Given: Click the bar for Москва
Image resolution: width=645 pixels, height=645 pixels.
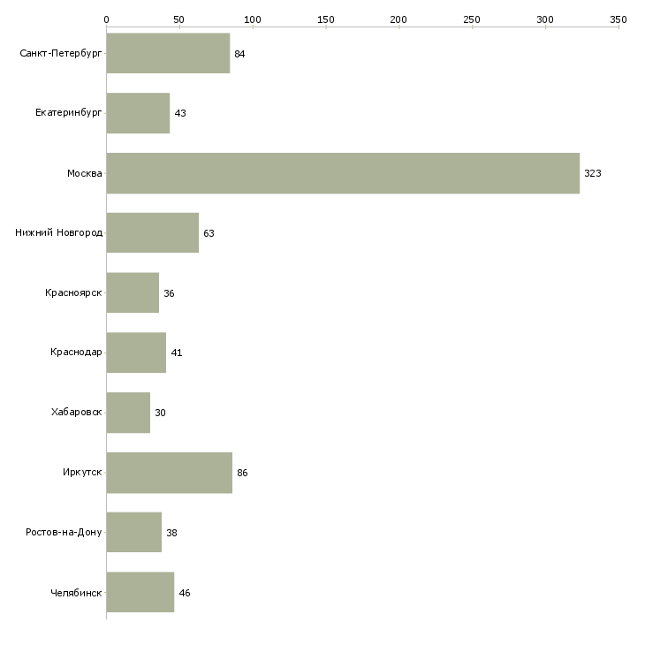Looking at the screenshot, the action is [x=343, y=173].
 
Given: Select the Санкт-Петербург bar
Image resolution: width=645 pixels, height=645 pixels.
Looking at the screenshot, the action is [x=168, y=53].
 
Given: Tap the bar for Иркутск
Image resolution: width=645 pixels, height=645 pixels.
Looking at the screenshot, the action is [x=170, y=473].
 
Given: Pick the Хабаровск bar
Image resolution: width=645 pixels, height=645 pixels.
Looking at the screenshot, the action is [x=128, y=413].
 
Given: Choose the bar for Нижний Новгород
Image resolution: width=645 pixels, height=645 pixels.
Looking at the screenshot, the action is [x=153, y=233].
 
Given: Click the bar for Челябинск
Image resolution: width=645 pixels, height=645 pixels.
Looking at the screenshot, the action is [x=140, y=592].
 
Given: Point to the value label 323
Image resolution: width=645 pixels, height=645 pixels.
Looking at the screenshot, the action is [x=593, y=173].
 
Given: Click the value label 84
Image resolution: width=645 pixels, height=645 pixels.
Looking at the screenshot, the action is [x=239, y=54].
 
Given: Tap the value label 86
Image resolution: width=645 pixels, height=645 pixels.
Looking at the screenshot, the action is [x=242, y=473].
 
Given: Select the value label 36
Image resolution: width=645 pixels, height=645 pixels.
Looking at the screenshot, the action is [x=169, y=293].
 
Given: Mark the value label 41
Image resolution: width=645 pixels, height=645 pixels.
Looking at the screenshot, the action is [x=177, y=353].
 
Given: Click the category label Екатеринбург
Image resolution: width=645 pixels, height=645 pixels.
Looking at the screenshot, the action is [x=68, y=113].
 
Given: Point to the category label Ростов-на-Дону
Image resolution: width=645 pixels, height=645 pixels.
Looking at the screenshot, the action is [x=64, y=532].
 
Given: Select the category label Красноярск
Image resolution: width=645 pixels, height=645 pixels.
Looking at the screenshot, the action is [x=73, y=292].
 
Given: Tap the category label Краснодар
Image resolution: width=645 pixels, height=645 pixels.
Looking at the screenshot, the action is [x=76, y=353].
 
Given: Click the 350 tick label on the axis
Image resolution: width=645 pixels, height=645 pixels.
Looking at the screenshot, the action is [x=618, y=19].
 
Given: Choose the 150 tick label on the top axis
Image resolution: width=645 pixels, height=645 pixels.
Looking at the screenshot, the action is [x=326, y=19].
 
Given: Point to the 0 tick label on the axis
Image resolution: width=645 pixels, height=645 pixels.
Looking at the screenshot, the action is [x=107, y=19].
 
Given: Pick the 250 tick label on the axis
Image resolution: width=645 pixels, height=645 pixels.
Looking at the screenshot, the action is [x=472, y=19].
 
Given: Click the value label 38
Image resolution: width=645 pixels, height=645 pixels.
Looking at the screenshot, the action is [x=171, y=533].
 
